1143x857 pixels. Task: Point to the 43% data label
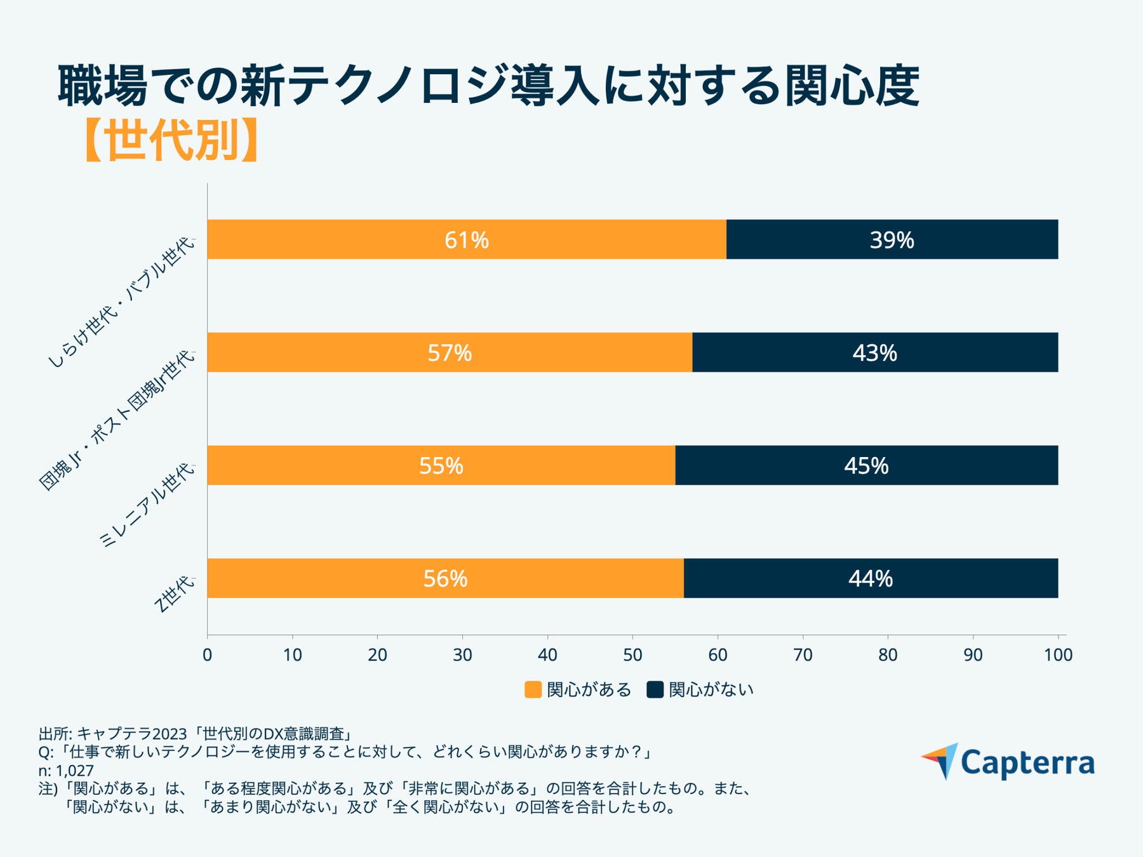pos(874,352)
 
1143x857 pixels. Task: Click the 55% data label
pos(441,465)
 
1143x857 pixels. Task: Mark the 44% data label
pos(870,578)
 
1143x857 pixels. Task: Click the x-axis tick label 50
pos(632,654)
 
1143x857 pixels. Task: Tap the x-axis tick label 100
pos(1057,654)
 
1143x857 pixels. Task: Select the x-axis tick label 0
pos(207,654)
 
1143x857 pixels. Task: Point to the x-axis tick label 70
pos(803,654)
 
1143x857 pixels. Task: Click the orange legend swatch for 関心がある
pos(533,689)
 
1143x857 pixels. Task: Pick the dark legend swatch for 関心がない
pos(655,689)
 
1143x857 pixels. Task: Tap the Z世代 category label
pos(174,594)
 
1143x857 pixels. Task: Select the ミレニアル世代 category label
pos(147,505)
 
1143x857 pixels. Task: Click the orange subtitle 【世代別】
pos(170,140)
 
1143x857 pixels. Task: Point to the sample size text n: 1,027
pos(66,771)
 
